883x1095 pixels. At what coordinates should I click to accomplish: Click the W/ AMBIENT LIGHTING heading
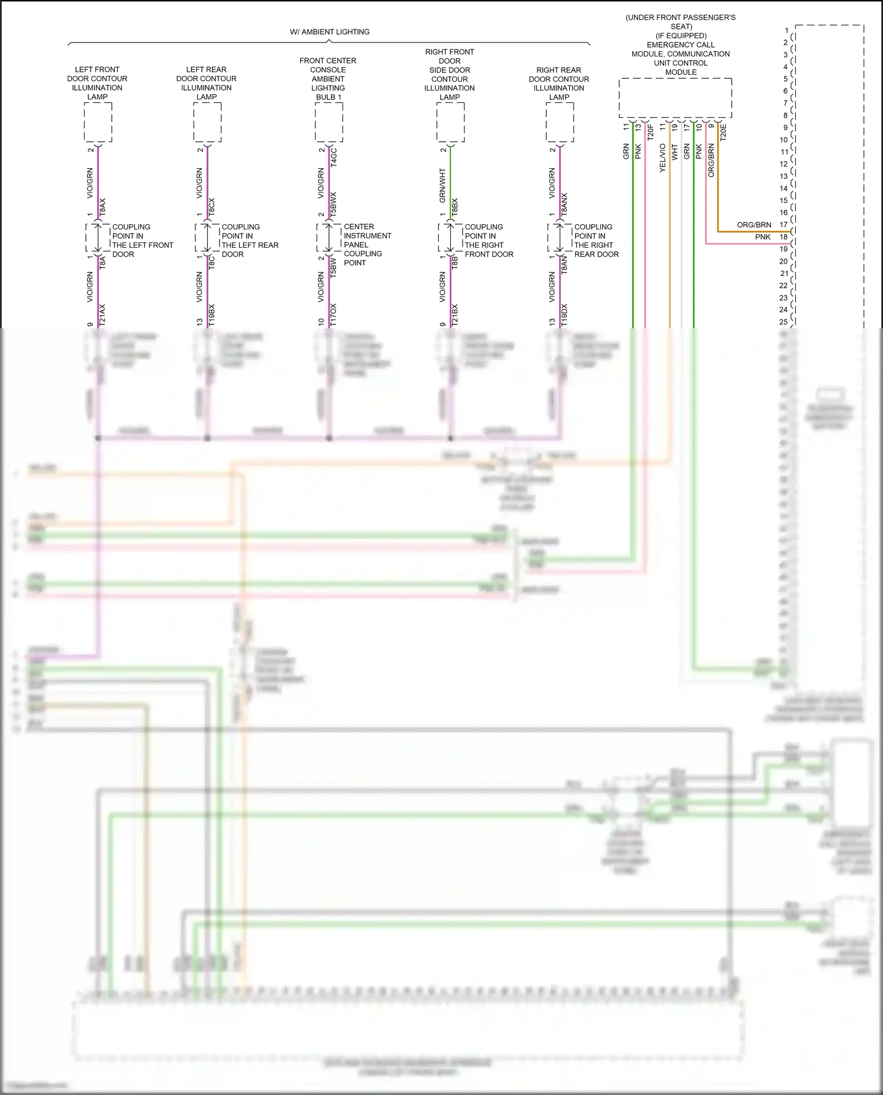pos(330,32)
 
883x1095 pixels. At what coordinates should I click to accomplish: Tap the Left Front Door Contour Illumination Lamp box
pos(98,122)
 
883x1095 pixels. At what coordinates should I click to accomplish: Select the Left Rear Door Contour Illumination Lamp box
pos(207,122)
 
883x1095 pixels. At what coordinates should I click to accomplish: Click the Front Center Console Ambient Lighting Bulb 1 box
pos(328,122)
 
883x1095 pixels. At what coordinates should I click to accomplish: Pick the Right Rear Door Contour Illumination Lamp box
pos(559,122)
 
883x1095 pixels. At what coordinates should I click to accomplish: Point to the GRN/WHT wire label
pos(443,185)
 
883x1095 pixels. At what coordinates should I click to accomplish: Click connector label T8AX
pos(102,206)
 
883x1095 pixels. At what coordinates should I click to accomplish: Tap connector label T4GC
pos(334,157)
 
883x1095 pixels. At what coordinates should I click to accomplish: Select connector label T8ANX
pos(565,203)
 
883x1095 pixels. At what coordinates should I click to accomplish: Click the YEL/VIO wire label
pos(663,158)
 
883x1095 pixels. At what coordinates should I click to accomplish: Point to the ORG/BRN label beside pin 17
pos(754,225)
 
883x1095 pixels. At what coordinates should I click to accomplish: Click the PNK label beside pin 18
pos(763,237)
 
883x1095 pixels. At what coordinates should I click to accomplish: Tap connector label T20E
pos(723,132)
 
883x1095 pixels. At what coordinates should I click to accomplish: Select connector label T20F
pos(650,132)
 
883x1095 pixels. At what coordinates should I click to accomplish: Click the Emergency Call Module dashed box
pos(675,98)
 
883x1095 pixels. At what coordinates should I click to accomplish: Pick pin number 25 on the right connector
pos(784,322)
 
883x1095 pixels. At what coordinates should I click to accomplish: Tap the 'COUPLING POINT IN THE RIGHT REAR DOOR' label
pos(596,241)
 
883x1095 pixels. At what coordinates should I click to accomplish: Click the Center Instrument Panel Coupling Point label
pos(367,245)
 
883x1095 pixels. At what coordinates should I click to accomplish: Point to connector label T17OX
pos(334,315)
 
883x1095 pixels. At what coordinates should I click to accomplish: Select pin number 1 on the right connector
pos(786,31)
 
